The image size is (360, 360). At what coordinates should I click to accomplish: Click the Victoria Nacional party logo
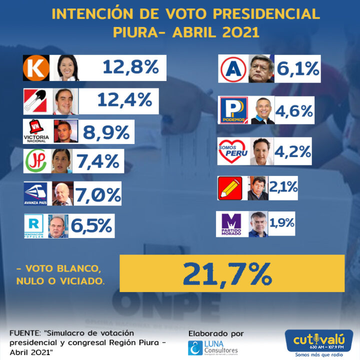(x=38, y=131)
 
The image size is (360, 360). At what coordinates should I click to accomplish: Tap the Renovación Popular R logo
(x=35, y=225)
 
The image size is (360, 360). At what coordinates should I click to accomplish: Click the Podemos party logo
(x=234, y=110)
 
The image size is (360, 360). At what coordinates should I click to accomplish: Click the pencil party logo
(x=230, y=188)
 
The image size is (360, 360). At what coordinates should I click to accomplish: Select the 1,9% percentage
(x=283, y=223)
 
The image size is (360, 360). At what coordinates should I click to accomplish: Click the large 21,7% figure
(x=227, y=272)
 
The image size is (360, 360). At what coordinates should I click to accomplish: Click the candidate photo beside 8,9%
(x=65, y=131)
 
